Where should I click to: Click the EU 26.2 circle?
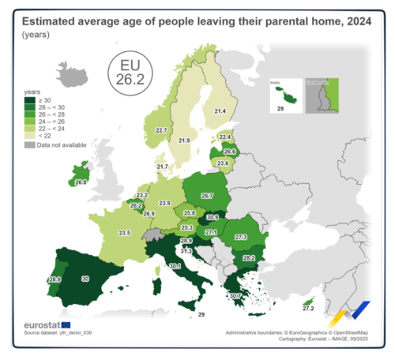[x=130, y=73]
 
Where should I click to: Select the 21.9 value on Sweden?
[x=184, y=141]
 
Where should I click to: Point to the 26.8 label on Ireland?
[x=81, y=182]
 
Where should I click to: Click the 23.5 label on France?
[x=124, y=233]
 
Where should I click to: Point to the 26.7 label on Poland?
[x=207, y=195]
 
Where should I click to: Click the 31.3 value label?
[x=186, y=251]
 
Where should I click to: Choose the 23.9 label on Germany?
[x=164, y=204]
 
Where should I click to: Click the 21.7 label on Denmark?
[x=162, y=167]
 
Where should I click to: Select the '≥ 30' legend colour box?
[x=28, y=100]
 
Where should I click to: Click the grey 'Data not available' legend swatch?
[x=28, y=145]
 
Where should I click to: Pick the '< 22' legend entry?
[x=28, y=136]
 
